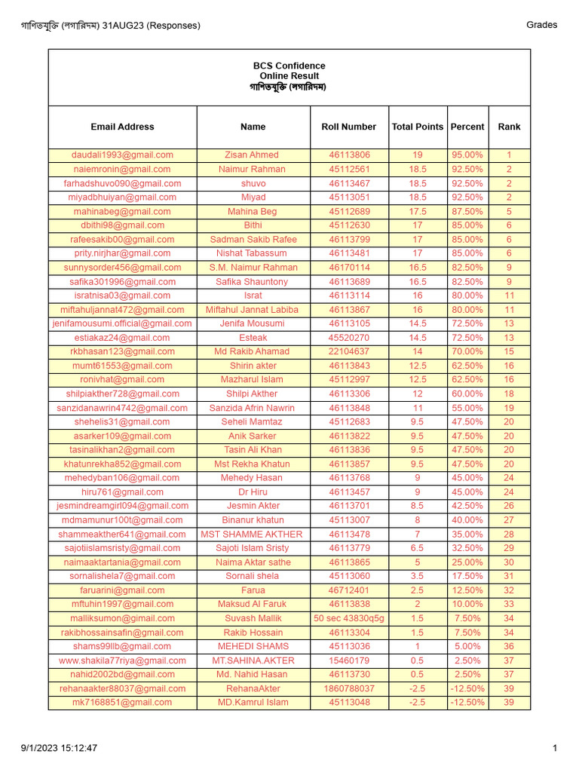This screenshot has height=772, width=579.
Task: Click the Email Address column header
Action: coord(122,127)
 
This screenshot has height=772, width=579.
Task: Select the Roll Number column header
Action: coord(348,127)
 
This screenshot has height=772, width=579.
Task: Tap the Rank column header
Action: coord(509,127)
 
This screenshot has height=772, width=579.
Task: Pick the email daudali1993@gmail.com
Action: coord(122,155)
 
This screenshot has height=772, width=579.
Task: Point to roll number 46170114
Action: coord(349,268)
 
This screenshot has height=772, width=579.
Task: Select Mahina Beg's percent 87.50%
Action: coord(467,212)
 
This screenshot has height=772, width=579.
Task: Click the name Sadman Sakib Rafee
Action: coord(253,240)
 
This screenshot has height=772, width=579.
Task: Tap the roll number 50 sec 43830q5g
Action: coord(349,618)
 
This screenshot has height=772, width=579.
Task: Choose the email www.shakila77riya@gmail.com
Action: coord(122,660)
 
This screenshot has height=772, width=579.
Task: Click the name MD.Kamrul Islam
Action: coord(253,703)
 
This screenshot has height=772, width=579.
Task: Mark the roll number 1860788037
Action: coord(349,689)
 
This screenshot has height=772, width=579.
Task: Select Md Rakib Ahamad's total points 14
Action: coord(417,351)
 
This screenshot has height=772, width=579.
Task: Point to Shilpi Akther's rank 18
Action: coord(509,394)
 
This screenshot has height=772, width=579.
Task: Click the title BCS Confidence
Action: coord(289,66)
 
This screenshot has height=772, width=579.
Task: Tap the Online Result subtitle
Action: coord(289,76)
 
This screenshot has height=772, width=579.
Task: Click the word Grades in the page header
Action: coord(541,25)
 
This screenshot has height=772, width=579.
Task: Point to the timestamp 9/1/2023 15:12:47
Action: coord(59,749)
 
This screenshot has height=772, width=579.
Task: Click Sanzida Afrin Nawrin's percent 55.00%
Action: coord(467,408)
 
